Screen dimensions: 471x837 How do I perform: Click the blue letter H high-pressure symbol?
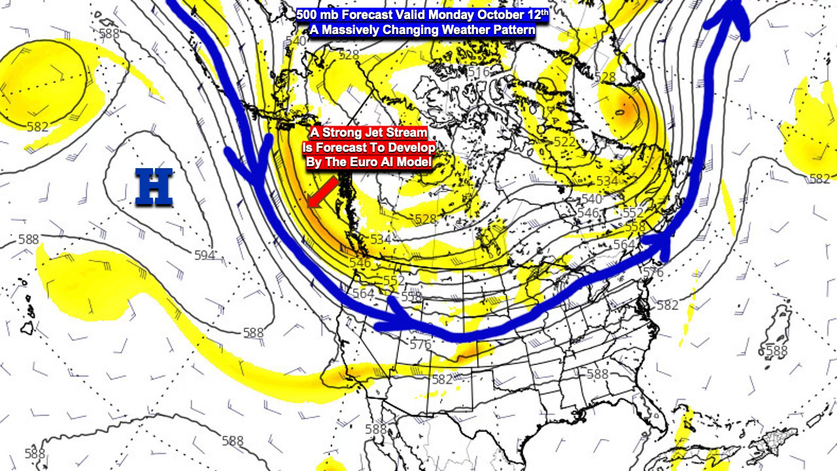[154, 187]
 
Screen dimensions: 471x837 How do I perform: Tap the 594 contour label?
[205, 255]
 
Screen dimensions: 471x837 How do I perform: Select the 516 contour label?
[479, 73]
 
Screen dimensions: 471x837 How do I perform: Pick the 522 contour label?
[546, 142]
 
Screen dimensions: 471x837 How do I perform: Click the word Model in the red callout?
[415, 162]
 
